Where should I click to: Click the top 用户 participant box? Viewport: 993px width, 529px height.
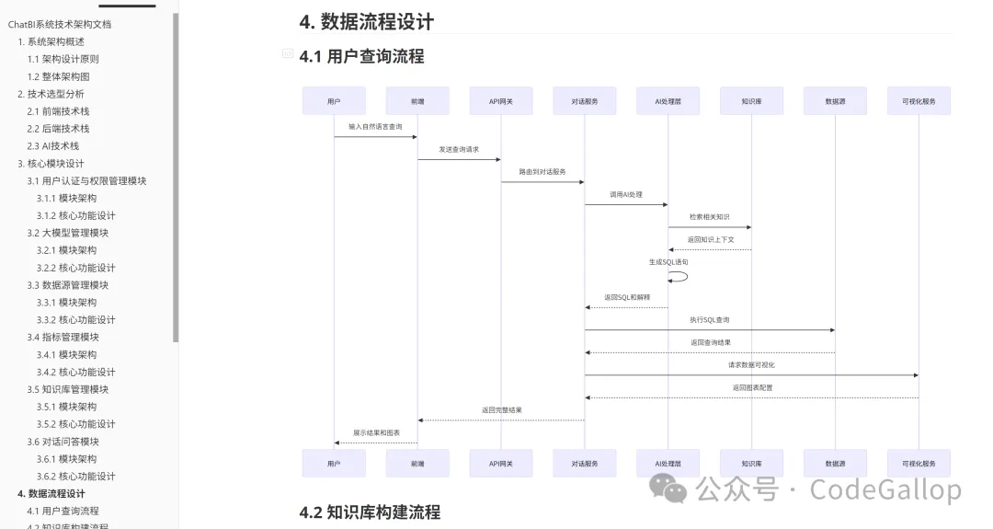click(334, 101)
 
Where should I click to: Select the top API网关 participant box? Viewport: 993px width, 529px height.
click(501, 101)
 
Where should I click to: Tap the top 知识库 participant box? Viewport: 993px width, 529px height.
click(751, 101)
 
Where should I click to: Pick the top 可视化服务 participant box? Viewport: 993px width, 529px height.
click(919, 101)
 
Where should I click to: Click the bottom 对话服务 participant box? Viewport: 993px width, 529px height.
click(585, 464)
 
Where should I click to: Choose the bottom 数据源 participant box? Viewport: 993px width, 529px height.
click(835, 464)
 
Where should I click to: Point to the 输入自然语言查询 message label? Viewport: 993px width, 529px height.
click(375, 126)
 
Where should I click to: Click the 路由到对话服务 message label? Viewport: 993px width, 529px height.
click(542, 172)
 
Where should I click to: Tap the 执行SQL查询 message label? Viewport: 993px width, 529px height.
click(710, 320)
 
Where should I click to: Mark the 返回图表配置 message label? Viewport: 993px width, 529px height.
click(752, 388)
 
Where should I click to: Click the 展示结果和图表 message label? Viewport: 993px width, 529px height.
click(376, 432)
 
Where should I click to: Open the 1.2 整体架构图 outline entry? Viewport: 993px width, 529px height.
click(59, 76)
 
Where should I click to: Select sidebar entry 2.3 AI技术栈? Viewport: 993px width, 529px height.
click(53, 145)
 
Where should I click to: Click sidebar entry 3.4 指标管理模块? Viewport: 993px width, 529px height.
click(63, 337)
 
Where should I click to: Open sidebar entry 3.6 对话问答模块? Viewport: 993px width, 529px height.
click(63, 442)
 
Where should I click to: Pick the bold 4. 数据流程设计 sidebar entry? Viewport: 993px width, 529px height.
click(51, 494)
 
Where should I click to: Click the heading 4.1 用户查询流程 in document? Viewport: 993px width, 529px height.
click(362, 56)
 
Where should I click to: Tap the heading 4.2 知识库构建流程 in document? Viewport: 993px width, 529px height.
click(371, 512)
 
